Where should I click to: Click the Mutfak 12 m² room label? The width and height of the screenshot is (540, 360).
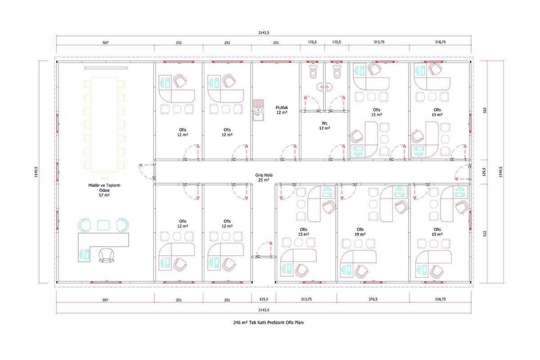(282, 110)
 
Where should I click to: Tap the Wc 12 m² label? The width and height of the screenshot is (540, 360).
(324, 126)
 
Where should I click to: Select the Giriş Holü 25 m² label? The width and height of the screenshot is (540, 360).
(264, 177)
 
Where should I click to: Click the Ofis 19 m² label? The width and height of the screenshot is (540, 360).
(360, 232)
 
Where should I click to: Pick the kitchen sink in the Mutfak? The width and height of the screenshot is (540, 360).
(258, 110)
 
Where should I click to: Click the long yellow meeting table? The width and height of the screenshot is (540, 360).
(104, 125)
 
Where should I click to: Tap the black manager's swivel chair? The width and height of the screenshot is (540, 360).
(106, 255)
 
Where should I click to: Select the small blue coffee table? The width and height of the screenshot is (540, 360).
(103, 225)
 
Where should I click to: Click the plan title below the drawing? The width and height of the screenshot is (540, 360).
(268, 322)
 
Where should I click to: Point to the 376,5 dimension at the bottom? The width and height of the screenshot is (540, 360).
(373, 299)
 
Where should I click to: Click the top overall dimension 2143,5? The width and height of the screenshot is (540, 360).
(264, 32)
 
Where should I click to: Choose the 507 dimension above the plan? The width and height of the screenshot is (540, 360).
(105, 43)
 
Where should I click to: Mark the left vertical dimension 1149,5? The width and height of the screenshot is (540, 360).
(36, 172)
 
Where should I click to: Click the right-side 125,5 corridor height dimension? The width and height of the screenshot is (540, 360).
(485, 172)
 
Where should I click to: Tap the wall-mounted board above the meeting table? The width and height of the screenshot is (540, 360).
(106, 68)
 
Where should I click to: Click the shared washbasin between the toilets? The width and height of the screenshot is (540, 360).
(324, 87)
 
